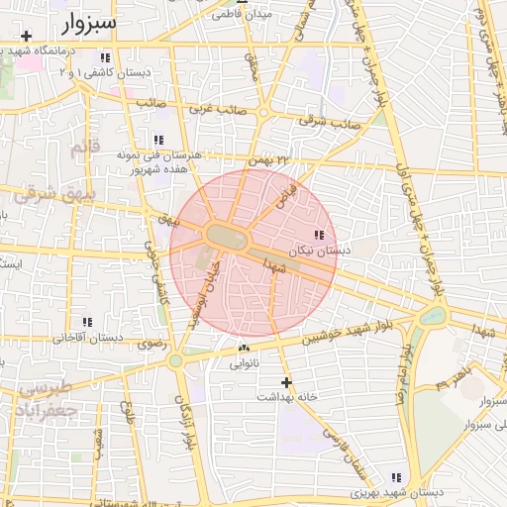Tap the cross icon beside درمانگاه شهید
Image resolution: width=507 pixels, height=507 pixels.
[26, 37]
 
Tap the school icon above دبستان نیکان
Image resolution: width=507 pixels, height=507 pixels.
[318, 235]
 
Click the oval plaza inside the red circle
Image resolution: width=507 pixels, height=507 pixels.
[229, 234]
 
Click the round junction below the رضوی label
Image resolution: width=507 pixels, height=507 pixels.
[175, 360]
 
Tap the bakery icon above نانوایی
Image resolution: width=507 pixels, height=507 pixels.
[244, 349]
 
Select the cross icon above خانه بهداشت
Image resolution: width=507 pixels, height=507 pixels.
[287, 381]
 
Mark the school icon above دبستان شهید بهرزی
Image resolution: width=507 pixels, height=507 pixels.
[397, 477]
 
